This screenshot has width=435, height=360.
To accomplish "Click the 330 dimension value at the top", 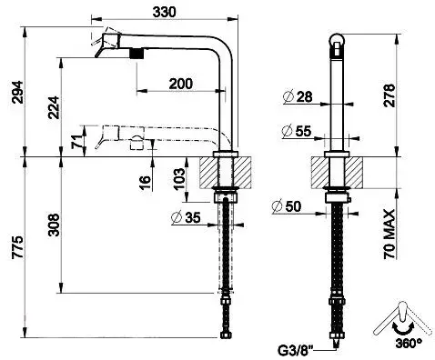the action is pyautogui.click(x=164, y=12).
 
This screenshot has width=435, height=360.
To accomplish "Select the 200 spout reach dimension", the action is pyautogui.click(x=181, y=84).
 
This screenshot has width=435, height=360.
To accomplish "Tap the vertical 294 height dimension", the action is pyautogui.click(x=17, y=92).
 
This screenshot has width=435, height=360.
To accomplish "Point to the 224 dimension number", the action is pyautogui.click(x=54, y=107).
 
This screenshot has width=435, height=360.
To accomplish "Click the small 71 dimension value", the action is pyautogui.click(x=77, y=141).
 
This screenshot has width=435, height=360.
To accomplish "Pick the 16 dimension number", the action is pyautogui.click(x=146, y=183).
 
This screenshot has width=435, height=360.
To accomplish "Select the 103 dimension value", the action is pyautogui.click(x=179, y=179).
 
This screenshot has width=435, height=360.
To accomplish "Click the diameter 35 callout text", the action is pyautogui.click(x=186, y=217).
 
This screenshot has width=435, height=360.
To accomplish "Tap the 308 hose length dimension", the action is pyautogui.click(x=54, y=225).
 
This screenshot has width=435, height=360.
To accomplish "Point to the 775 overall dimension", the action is pyautogui.click(x=17, y=247).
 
